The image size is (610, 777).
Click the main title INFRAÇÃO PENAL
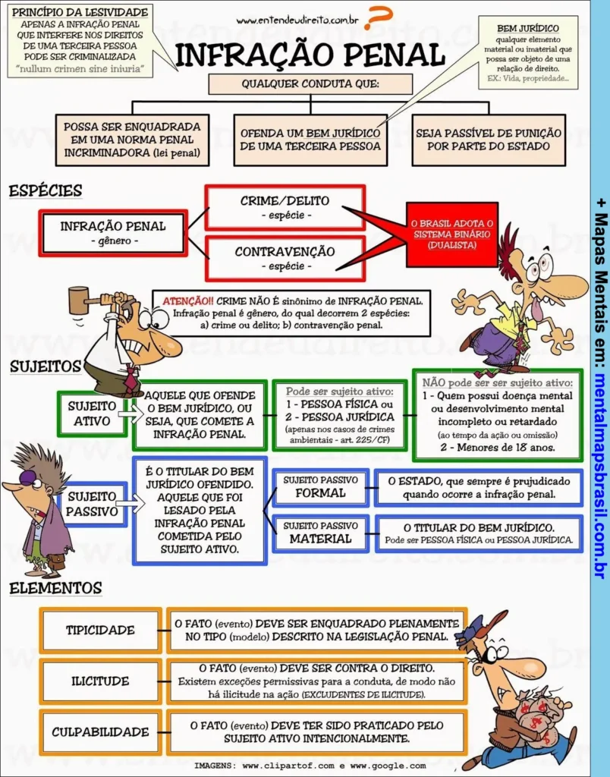point(310,55)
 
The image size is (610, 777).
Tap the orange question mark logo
point(377,17)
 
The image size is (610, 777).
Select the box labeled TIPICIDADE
point(100,631)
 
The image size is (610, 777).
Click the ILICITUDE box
point(100,681)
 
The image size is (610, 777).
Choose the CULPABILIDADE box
point(100,732)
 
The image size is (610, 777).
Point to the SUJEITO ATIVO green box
point(92,413)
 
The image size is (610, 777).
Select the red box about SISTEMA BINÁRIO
point(451,234)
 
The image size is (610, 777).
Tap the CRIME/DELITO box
point(285,207)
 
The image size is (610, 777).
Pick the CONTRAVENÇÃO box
point(285,258)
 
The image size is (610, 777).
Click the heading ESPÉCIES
point(46,191)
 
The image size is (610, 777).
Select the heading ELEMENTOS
point(55,588)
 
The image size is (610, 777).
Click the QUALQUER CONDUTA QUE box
point(310,84)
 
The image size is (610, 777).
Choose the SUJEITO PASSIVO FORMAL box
point(320,487)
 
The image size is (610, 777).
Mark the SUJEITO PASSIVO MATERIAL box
point(320,533)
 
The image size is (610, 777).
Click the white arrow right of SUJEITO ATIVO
point(130,414)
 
